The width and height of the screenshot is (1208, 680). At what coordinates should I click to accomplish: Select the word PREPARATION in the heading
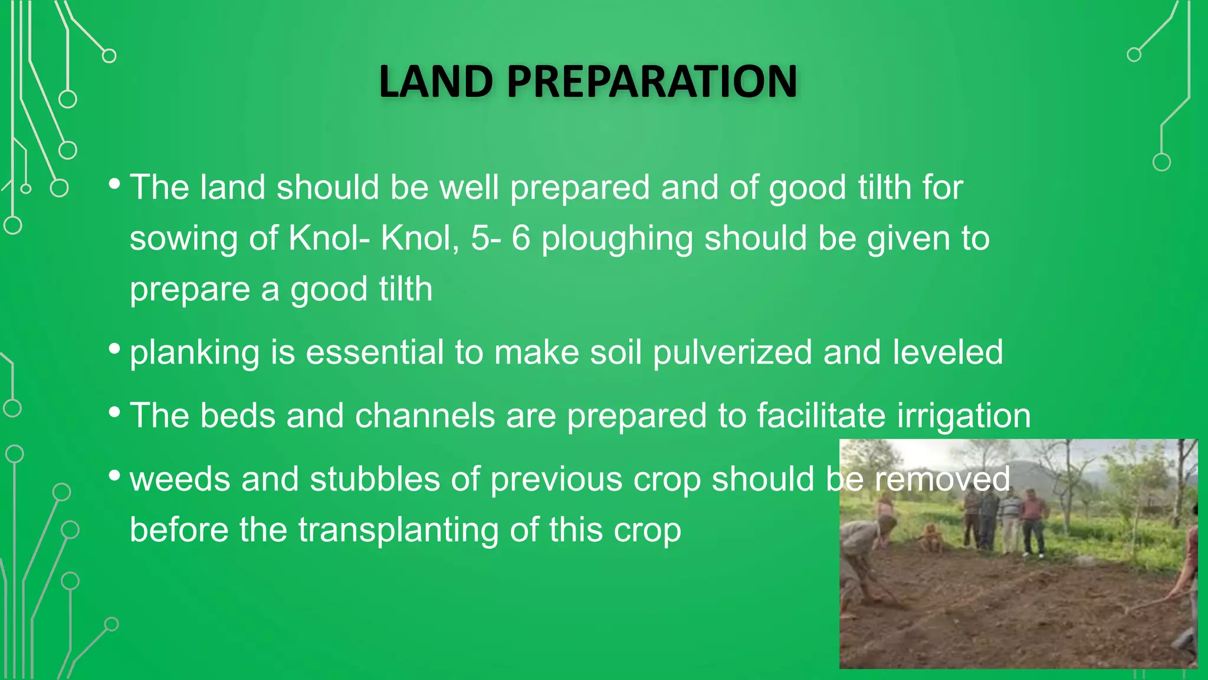click(652, 81)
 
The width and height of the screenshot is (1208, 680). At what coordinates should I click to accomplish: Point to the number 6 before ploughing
click(520, 238)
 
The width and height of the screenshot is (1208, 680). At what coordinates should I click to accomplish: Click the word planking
click(194, 353)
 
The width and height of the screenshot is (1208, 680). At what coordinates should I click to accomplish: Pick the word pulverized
click(732, 353)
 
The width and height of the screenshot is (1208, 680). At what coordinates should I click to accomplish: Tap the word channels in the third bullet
click(425, 416)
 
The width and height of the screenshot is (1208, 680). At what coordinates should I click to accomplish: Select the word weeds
click(180, 479)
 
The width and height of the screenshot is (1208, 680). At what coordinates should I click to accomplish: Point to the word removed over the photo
click(942, 479)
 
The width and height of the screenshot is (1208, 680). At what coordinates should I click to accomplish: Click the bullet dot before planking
click(114, 348)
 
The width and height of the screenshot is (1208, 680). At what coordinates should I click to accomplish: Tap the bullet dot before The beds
click(114, 411)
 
